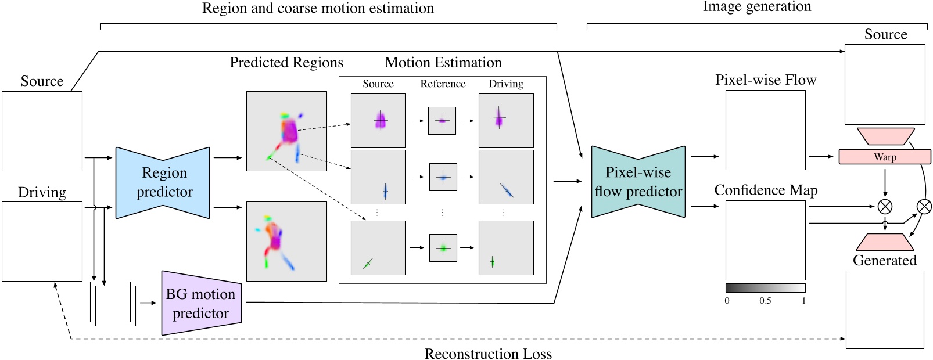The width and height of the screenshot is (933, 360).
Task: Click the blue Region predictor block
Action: (163, 183)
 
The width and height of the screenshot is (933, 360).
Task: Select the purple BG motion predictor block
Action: (201, 303)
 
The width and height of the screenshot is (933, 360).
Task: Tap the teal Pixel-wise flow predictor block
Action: (638, 182)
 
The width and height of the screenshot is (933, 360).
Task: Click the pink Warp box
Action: (884, 157)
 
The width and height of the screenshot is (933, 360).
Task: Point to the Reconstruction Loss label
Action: (488, 354)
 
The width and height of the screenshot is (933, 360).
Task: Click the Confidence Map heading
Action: (766, 190)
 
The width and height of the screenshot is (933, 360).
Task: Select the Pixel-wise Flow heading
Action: (766, 80)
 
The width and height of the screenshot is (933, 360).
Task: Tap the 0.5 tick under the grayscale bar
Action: (765, 301)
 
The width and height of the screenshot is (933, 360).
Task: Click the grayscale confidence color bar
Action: (765, 288)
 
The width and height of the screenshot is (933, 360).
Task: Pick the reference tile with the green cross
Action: (443, 248)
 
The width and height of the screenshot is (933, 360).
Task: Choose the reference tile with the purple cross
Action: (442, 121)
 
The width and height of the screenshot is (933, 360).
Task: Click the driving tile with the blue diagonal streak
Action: (506, 177)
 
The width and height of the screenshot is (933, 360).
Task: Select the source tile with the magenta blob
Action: (378, 121)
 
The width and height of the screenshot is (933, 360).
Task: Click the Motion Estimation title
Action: (443, 63)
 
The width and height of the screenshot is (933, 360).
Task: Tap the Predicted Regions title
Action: (286, 63)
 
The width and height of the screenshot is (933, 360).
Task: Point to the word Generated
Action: (884, 261)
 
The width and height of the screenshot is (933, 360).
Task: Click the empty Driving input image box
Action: (42, 242)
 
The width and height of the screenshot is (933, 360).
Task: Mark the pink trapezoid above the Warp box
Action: (885, 136)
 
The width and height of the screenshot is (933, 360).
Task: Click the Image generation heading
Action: (756, 7)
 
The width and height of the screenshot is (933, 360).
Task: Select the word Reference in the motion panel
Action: (443, 84)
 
